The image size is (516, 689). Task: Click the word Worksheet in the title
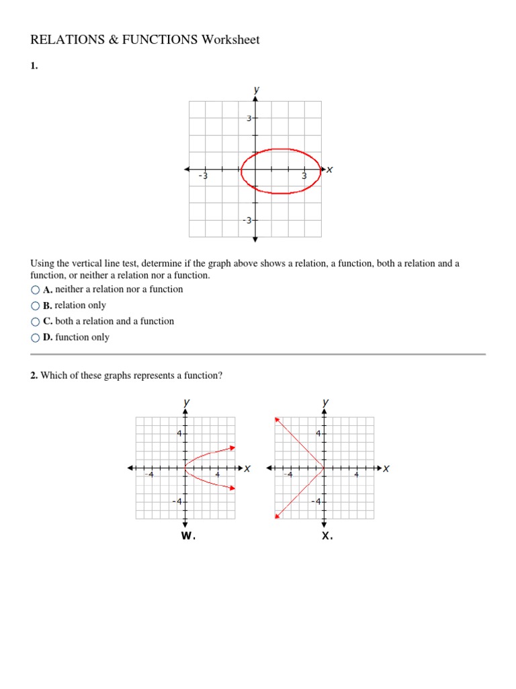[x=230, y=40]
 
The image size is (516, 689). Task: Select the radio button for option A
[x=35, y=289]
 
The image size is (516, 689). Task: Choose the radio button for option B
[x=35, y=305]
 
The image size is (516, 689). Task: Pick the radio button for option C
[x=35, y=322]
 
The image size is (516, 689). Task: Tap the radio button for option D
[x=35, y=338]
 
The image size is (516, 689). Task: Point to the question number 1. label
[x=34, y=67]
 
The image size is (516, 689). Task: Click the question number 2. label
[x=34, y=375]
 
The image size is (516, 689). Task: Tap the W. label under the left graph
[x=187, y=536]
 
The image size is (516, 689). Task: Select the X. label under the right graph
[x=327, y=536]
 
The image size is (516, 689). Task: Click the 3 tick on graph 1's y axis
[x=248, y=118]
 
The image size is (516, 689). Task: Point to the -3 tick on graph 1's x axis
[x=204, y=176]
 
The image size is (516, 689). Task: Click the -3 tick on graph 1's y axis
[x=247, y=221]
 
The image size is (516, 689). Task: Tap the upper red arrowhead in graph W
[x=232, y=447]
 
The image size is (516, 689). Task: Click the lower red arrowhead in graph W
[x=232, y=488]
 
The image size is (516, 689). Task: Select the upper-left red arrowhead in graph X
[x=277, y=420]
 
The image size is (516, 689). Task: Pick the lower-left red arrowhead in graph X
[x=277, y=516]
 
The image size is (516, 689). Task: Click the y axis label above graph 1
[x=256, y=89]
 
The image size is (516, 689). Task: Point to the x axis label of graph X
[x=386, y=468]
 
